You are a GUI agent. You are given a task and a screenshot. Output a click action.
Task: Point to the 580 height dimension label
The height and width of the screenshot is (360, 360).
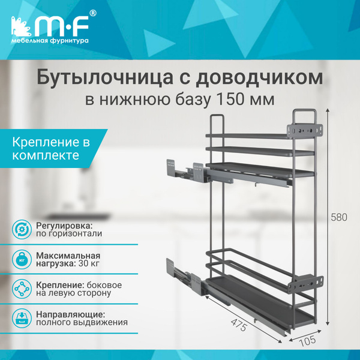click(339, 217)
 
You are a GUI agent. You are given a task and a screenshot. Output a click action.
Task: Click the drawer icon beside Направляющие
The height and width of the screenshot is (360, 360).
click(21, 317)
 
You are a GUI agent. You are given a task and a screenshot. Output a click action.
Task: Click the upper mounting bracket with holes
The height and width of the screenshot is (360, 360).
click(307, 129)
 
